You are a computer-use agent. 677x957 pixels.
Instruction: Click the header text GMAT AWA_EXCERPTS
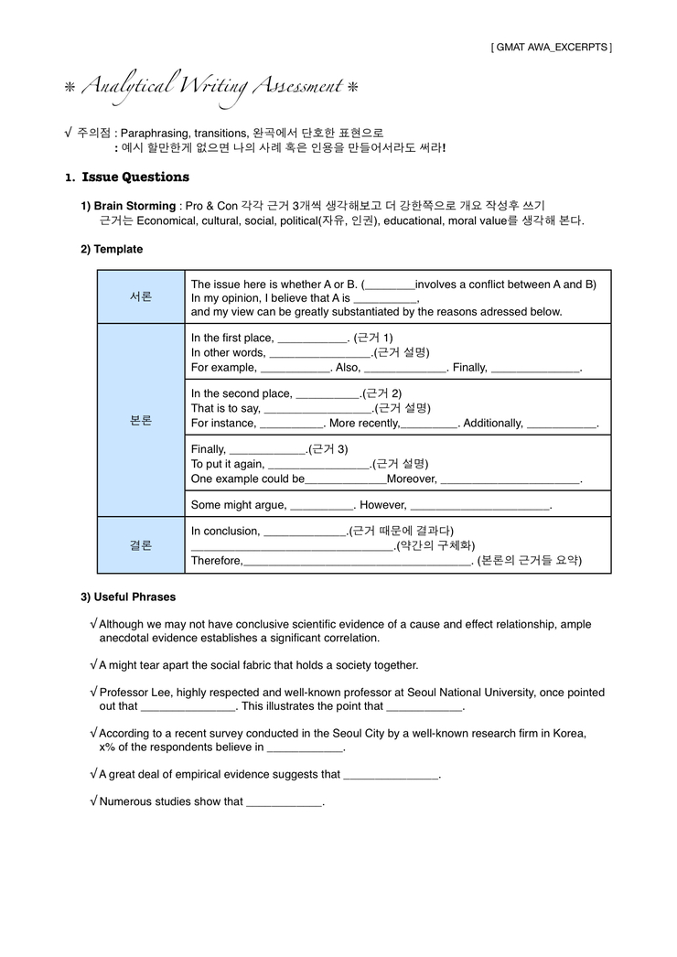tap(552, 47)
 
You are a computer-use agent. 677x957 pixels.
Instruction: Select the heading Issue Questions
tap(135, 177)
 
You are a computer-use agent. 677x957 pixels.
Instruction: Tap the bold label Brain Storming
tap(134, 206)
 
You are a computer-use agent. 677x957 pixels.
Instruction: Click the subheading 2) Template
tap(112, 249)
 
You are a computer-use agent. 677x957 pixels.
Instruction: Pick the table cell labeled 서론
tap(141, 297)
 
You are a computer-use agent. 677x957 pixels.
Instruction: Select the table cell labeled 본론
tap(141, 421)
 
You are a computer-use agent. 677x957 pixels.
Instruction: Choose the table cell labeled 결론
tap(141, 545)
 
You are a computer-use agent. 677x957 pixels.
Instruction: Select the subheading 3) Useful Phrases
tap(128, 597)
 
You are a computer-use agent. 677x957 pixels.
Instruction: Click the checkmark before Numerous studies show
tap(93, 801)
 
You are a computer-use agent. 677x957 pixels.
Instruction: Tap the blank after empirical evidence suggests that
tap(391, 775)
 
